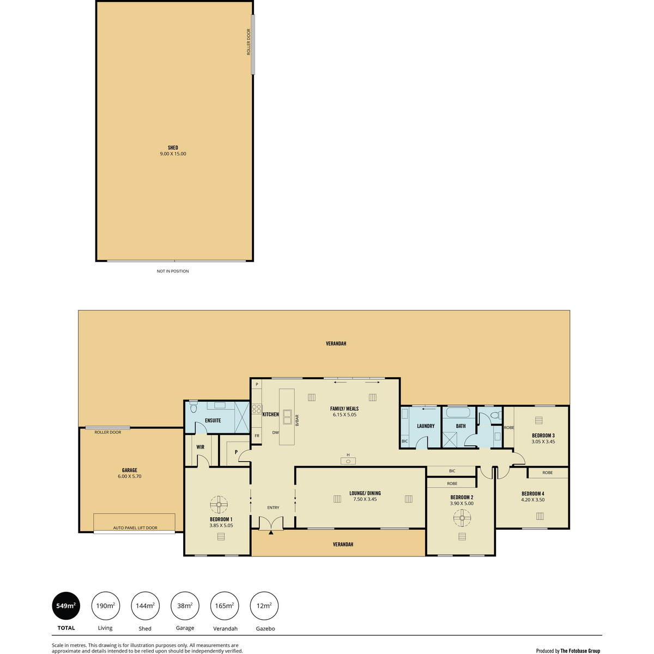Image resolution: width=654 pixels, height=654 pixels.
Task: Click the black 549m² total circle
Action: coord(66,606)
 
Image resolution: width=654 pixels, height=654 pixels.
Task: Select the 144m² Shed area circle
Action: coord(145,606)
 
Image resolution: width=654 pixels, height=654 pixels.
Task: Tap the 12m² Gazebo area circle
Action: coord(264,606)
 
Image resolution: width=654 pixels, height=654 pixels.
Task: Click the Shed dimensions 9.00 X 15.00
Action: coord(173,154)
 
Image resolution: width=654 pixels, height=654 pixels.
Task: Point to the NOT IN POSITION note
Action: coord(172,271)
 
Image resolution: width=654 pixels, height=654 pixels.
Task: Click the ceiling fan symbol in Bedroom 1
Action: coord(219,505)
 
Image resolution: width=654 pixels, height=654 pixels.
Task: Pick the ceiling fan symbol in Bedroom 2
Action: coord(462,518)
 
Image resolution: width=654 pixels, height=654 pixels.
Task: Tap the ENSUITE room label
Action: coord(213,421)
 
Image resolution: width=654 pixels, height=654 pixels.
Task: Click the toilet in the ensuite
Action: coord(193,407)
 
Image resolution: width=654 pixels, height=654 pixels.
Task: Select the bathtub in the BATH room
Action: coord(458,413)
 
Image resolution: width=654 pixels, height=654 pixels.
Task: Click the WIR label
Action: coord(200,447)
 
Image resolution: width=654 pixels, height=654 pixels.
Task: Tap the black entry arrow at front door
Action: coord(271,532)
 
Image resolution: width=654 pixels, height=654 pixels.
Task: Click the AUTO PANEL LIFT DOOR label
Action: coord(135,528)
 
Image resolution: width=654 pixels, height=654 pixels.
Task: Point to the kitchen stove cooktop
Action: coord(257,409)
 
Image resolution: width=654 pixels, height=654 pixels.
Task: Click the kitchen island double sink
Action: coord(287,417)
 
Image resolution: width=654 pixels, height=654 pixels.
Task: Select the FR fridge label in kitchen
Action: coord(257,436)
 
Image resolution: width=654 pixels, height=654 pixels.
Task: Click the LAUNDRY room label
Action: coord(426,426)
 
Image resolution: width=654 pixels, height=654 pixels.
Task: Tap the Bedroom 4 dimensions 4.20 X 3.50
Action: coord(532,500)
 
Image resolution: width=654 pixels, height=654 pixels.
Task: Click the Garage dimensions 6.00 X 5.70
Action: coord(129,476)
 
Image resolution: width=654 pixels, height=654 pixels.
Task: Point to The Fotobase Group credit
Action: coord(580,651)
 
